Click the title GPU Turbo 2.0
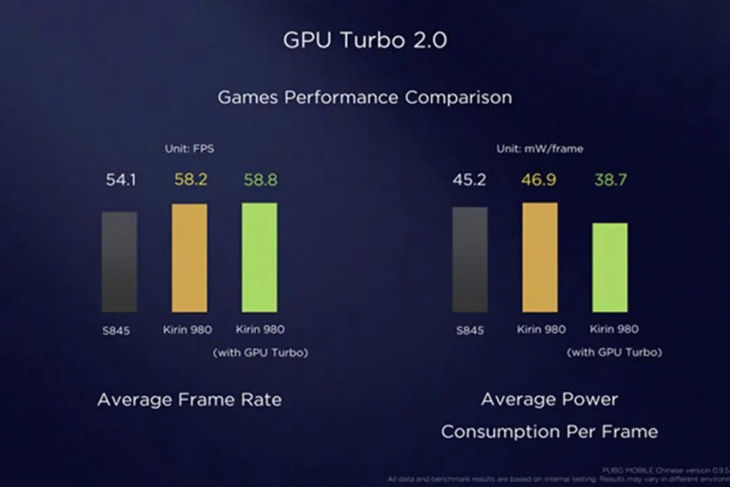[364, 40]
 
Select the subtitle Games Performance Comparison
[364, 97]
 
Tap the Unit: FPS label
[189, 148]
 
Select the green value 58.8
[260, 181]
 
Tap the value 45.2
[470, 181]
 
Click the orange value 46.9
[540, 181]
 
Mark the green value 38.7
[610, 181]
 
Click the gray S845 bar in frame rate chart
[120, 262]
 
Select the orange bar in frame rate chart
[189, 258]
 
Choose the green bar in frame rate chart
[260, 257]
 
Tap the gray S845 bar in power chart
[470, 260]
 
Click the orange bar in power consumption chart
[540, 257]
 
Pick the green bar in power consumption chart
[610, 267]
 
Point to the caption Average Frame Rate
[189, 400]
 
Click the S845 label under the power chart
[470, 331]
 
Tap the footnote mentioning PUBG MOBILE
[665, 469]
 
